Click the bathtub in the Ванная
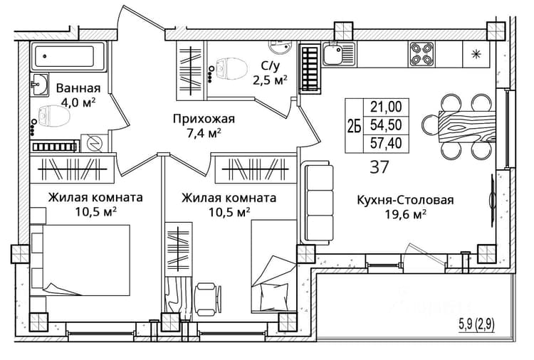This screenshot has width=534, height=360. coord(68,56)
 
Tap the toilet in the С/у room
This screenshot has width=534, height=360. coord(231,68)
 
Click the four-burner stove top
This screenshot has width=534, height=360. coord(422,54)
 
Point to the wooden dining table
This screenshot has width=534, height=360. coord(466,127)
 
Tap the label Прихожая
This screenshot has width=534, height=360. coord(204,119)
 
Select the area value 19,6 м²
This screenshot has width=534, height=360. coord(405,215)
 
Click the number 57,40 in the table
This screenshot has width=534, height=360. coord(386,143)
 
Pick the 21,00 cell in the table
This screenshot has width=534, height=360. coord(386,107)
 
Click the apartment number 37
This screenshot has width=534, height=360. coord(379,167)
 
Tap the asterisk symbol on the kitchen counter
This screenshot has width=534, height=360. coord(476,54)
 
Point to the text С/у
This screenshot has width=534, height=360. coord(270,65)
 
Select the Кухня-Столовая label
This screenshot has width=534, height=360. coord(405,200)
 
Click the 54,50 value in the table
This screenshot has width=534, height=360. coord(386,125)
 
